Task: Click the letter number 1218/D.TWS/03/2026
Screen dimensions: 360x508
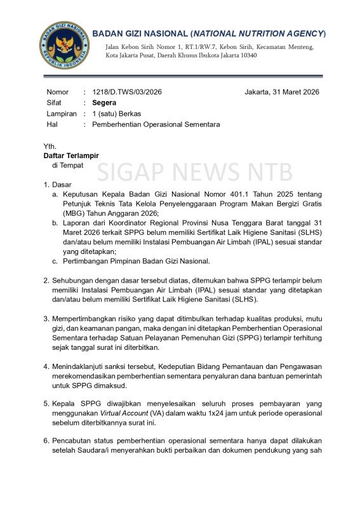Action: coord(127,92)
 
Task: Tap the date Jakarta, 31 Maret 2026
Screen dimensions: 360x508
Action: coord(282,92)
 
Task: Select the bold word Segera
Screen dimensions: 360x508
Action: coord(103,103)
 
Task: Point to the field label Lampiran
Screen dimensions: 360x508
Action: coord(62,114)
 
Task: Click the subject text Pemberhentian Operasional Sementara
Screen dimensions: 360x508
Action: coord(156,124)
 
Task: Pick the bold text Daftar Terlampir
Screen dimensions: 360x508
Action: coord(71,156)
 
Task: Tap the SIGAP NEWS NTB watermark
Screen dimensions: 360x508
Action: coord(195,172)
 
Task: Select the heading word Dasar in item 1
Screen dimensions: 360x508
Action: coord(63,185)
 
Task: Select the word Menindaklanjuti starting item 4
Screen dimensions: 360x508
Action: coord(81,366)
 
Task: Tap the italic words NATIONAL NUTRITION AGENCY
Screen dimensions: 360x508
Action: coord(259,33)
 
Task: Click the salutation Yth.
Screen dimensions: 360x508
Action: coord(50,146)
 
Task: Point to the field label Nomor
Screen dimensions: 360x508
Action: coord(57,92)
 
